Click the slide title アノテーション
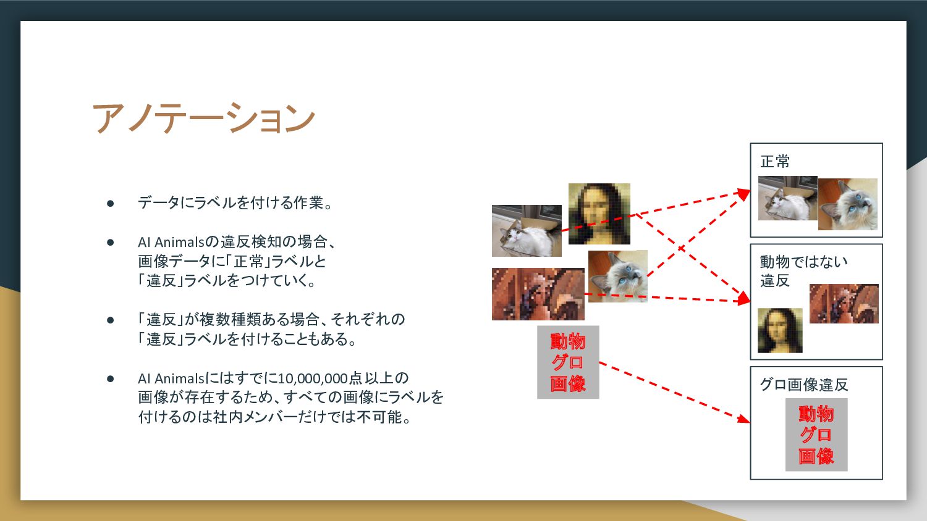click(x=203, y=118)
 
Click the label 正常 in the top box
click(x=775, y=161)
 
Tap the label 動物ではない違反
click(x=803, y=271)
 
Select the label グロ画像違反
click(x=803, y=385)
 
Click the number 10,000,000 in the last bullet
click(x=313, y=378)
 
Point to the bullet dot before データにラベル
click(x=110, y=203)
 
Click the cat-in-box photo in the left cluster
click(x=527, y=231)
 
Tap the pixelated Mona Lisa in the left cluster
click(x=599, y=214)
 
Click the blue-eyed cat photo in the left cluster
click(x=617, y=276)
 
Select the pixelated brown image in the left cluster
click(x=538, y=294)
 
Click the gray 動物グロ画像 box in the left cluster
click(x=568, y=362)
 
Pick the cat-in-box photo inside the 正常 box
click(x=787, y=198)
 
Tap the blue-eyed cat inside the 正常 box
click(x=847, y=204)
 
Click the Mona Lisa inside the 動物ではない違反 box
click(x=780, y=330)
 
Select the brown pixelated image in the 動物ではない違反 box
click(x=844, y=304)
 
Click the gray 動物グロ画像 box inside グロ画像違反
click(x=816, y=435)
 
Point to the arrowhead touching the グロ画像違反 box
click(x=744, y=419)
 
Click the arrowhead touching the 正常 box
click(x=744, y=194)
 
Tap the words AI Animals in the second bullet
click(x=171, y=242)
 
